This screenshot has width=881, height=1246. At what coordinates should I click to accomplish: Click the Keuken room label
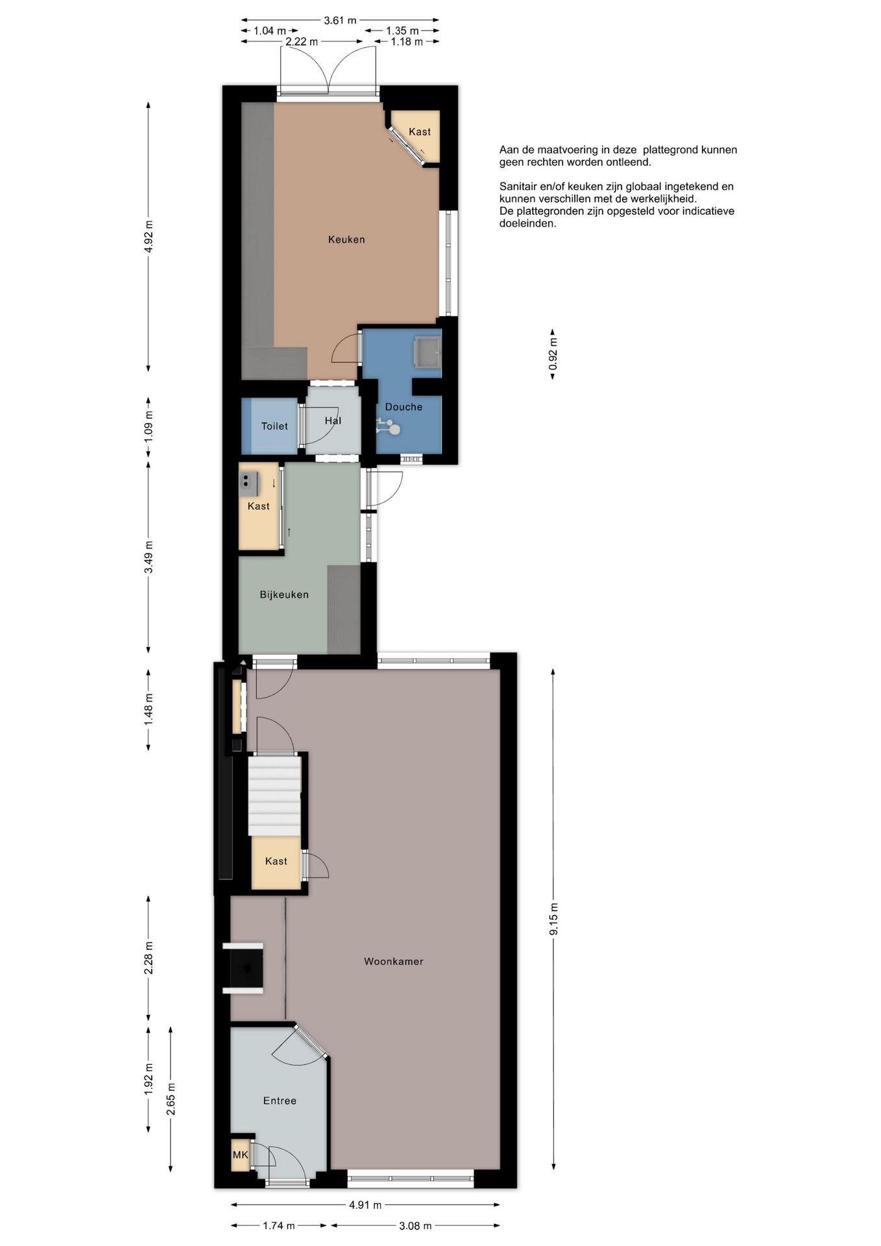click(346, 239)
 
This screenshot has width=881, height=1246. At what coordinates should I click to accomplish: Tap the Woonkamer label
click(393, 961)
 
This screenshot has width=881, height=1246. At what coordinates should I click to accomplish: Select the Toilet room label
click(274, 426)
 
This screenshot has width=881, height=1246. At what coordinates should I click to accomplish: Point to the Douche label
click(404, 407)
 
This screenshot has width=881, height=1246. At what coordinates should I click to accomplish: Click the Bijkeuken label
click(284, 594)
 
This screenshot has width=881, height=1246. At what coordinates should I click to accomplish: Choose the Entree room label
click(280, 1101)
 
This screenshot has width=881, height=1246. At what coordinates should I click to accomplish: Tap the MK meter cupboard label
click(240, 1154)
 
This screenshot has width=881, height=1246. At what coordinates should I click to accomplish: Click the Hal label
click(333, 421)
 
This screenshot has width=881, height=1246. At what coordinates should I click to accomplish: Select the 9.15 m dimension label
click(553, 920)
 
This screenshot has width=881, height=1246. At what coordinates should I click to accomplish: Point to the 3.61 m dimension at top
click(340, 20)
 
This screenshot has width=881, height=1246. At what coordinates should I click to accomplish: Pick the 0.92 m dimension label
click(553, 354)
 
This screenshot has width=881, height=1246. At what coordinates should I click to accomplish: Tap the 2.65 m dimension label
click(171, 1099)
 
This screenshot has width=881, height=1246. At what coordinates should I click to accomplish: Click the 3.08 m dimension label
click(415, 1226)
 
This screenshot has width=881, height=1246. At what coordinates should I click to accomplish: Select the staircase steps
click(274, 797)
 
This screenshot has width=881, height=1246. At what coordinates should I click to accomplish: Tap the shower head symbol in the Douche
click(388, 427)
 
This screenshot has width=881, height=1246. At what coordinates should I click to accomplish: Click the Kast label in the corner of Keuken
click(420, 132)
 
